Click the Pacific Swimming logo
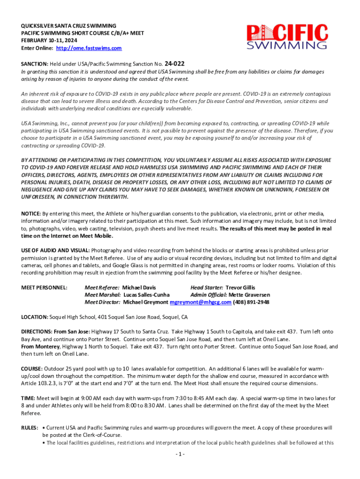(x=287, y=36)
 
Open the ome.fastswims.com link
(x=89, y=48)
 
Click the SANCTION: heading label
(x=35, y=64)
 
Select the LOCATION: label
(x=36, y=317)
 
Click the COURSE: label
(x=33, y=368)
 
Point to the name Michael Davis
(x=139, y=287)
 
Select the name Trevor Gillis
(x=240, y=287)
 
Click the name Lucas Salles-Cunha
(x=146, y=295)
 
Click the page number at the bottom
(x=180, y=454)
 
